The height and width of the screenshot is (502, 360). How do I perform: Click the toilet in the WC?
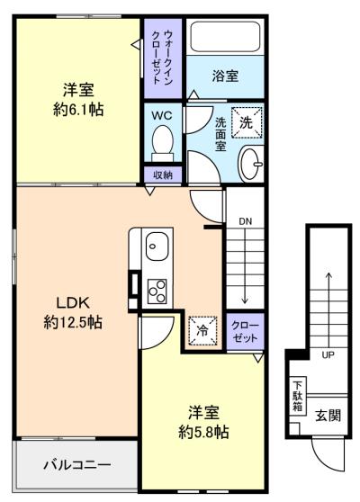[163, 143]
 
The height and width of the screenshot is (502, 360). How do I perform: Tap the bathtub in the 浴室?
[225, 37]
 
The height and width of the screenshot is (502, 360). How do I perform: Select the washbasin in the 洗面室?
[251, 164]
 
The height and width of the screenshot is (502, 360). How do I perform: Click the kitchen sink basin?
[157, 246]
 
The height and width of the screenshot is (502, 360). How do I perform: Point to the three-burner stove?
[157, 291]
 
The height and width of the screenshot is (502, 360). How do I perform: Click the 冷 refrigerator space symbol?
[202, 331]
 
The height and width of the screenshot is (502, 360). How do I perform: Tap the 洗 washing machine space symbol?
[247, 122]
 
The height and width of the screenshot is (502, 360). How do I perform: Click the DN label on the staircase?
[246, 221]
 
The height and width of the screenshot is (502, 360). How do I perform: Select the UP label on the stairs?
[328, 354]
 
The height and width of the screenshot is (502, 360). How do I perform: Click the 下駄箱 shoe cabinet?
[298, 397]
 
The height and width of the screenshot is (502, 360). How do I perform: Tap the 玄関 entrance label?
[328, 416]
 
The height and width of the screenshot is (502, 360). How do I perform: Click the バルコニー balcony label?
[77, 464]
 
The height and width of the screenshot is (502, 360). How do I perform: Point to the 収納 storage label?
[163, 175]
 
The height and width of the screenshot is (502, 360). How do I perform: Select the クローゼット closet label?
[245, 332]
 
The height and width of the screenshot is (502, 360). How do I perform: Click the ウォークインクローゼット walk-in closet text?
[163, 57]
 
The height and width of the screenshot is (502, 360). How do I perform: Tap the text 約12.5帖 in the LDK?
[73, 322]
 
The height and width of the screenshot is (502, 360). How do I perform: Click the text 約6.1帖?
[78, 110]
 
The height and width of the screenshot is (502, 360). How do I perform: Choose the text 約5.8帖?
[203, 433]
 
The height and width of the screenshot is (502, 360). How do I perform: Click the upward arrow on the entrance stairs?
[328, 310]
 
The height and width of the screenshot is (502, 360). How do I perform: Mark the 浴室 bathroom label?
[225, 76]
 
